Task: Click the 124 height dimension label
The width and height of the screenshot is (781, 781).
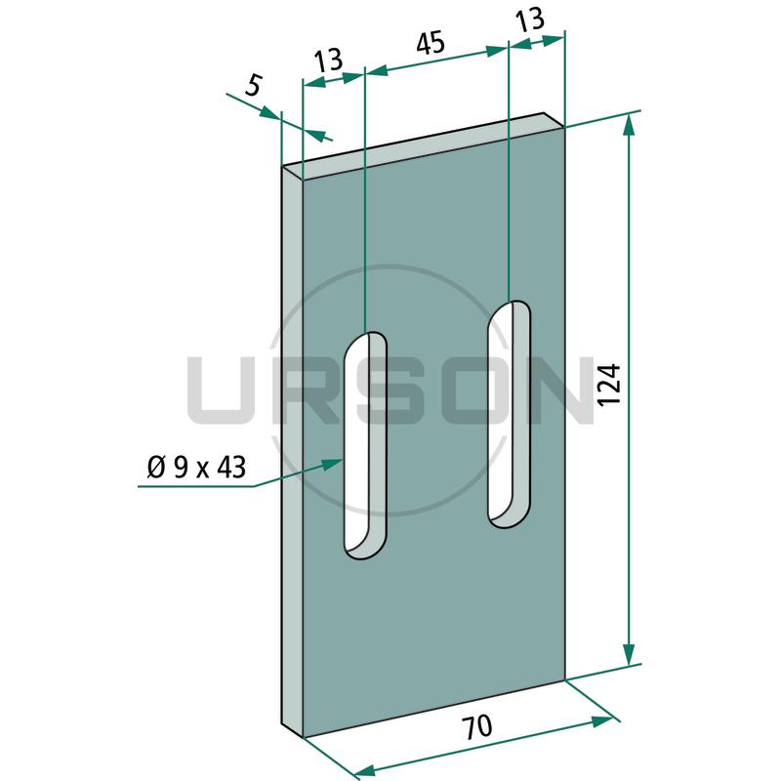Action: pyautogui.click(x=611, y=385)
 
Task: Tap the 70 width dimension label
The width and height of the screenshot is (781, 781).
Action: pyautogui.click(x=476, y=726)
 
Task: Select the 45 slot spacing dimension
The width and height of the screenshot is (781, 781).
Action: pyautogui.click(x=431, y=43)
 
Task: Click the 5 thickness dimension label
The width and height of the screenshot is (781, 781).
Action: pyautogui.click(x=253, y=86)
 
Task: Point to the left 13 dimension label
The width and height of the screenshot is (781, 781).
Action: pyautogui.click(x=329, y=61)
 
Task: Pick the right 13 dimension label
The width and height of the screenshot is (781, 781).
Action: pyautogui.click(x=529, y=20)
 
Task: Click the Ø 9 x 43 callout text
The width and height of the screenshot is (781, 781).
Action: pyautogui.click(x=196, y=468)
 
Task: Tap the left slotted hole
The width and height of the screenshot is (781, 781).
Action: pyautogui.click(x=365, y=446)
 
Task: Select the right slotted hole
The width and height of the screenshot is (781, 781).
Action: pyautogui.click(x=509, y=414)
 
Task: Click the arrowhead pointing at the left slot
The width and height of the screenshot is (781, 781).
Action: pyautogui.click(x=332, y=465)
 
